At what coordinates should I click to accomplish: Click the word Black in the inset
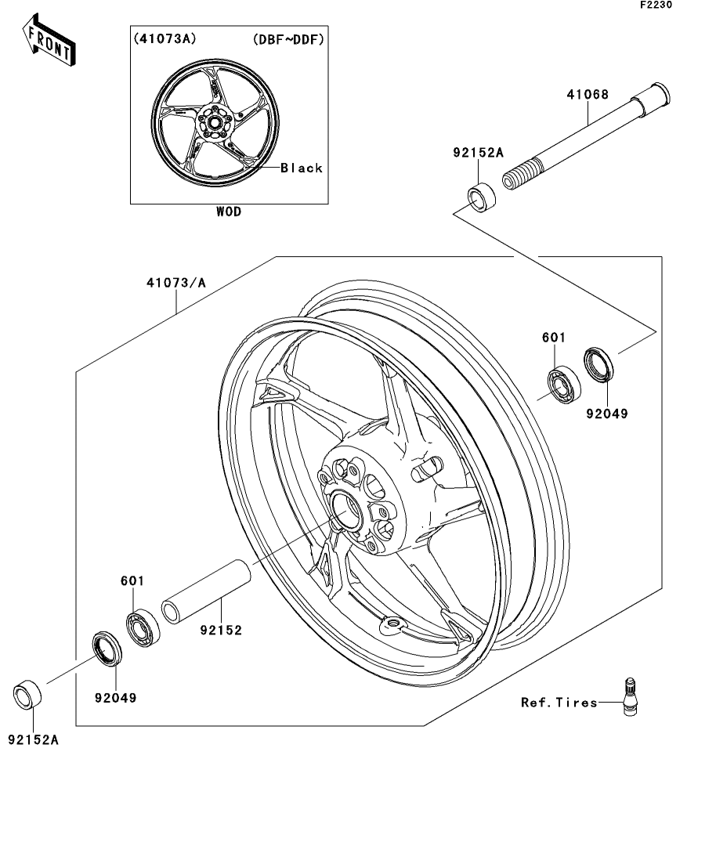(x=302, y=168)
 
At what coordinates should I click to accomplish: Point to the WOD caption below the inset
(x=229, y=211)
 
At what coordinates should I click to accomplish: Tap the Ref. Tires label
(x=559, y=702)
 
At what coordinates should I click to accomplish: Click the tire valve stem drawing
(x=629, y=696)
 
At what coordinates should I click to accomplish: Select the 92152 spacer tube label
(x=221, y=629)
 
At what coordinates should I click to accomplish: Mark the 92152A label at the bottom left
(x=34, y=738)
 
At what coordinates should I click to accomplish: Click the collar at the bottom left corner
(x=29, y=693)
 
